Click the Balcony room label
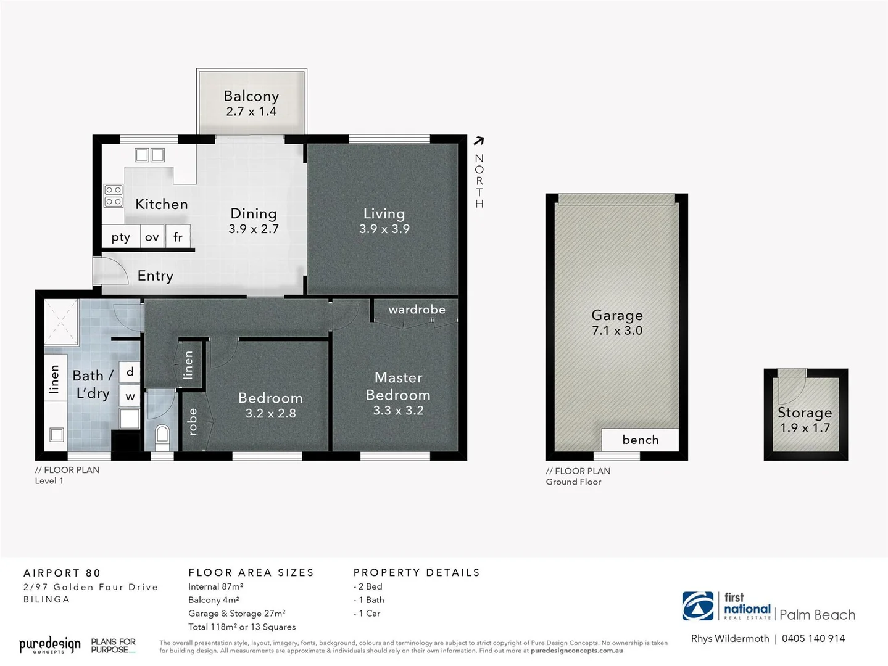pos(251,96)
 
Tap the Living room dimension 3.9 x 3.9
pos(384,229)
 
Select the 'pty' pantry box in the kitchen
pos(121,237)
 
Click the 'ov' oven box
pos(152,237)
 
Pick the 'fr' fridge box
pos(178,237)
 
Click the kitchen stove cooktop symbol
pos(114,195)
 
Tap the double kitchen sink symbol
pos(150,155)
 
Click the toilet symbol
pos(162,435)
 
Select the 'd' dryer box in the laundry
pos(130,372)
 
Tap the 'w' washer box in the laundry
pos(130,397)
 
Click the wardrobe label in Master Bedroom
pos(417,310)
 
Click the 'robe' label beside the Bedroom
pos(193,422)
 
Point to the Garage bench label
pos(640,440)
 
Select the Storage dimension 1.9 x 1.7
pos(805,428)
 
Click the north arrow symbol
pos(478,141)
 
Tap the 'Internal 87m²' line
pos(215,586)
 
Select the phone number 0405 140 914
pos(813,638)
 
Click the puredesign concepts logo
pos(49,645)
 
